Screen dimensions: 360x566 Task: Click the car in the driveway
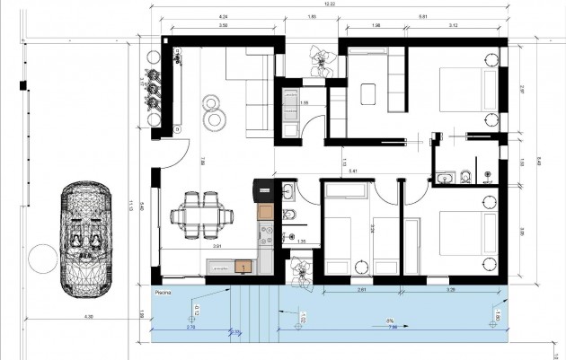[x=86, y=238]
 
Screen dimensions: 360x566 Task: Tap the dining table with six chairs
[x=198, y=214]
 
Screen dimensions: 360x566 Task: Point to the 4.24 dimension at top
[x=223, y=17]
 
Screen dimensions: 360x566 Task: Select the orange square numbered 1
[x=243, y=267]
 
